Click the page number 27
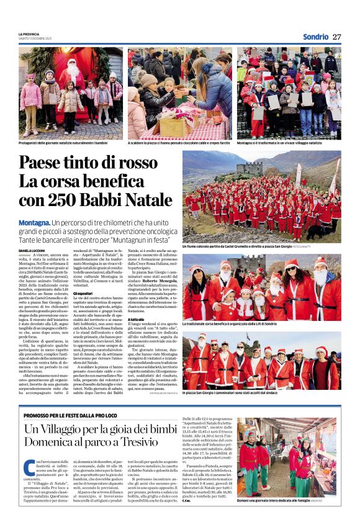tap(336, 36)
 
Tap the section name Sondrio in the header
tap(315, 37)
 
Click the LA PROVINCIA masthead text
tap(29, 34)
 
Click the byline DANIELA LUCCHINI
tap(33, 250)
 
